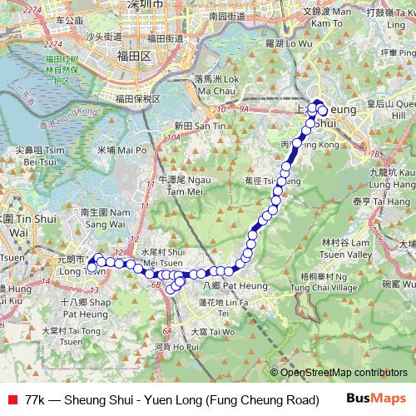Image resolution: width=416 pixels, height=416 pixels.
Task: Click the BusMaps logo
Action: (x=377, y=399)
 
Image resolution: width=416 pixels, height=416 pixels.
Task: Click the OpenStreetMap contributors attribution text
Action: (x=344, y=373)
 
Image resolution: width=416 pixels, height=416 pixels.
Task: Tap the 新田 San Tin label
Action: (x=199, y=125)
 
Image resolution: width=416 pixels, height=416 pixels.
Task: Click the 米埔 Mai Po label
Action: (x=116, y=151)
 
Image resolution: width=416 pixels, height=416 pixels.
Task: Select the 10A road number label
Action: (x=173, y=137)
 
